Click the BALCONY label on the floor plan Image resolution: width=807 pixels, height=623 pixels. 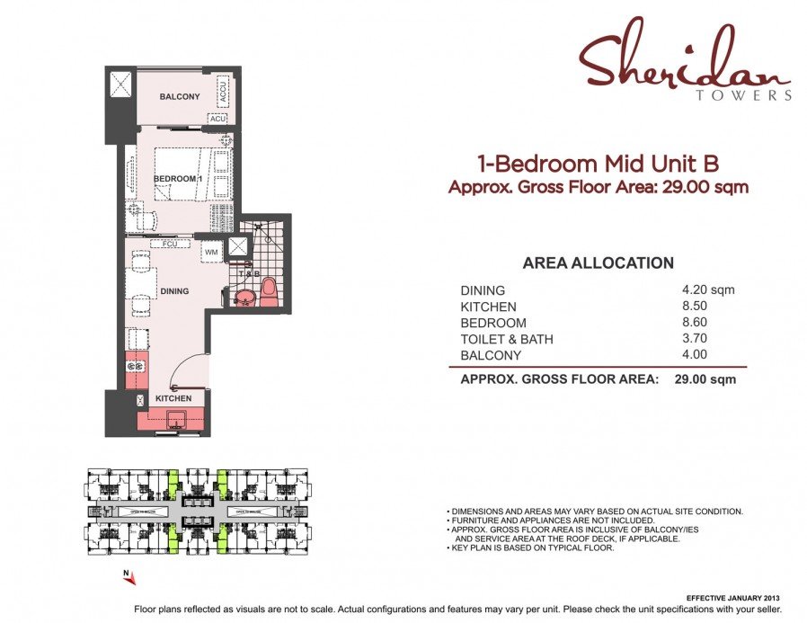pos(180,96)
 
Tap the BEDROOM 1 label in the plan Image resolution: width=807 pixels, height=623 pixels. pos(176,179)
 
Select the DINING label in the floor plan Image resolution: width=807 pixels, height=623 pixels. pos(174,290)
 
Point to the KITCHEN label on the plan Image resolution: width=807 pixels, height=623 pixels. pos(173,397)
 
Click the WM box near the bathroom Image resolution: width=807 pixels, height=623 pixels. pos(211,253)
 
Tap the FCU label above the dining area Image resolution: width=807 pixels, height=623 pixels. pos(169,244)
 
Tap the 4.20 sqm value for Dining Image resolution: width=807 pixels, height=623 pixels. pos(708,290)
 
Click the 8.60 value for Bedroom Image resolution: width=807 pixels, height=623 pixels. pos(696,322)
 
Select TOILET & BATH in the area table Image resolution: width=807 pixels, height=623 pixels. pos(507,339)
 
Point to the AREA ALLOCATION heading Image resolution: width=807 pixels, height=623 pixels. pos(598,263)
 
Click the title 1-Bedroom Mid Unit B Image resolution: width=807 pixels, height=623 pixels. pos(597,165)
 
